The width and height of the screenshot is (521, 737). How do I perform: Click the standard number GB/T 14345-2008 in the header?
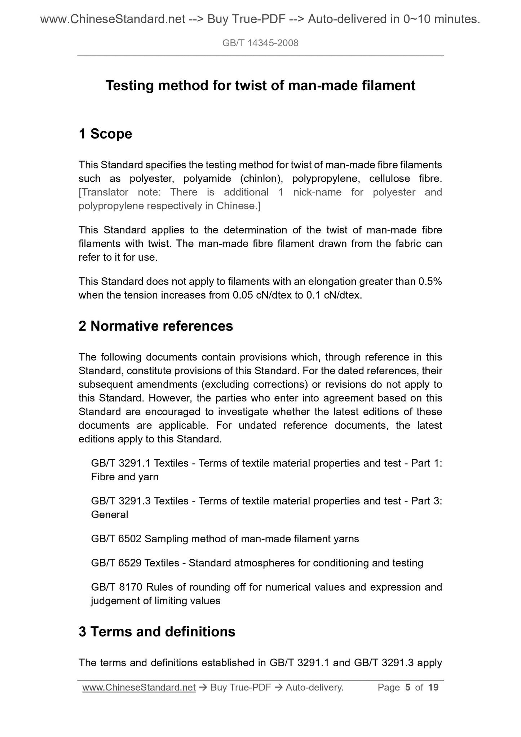pyautogui.click(x=260, y=43)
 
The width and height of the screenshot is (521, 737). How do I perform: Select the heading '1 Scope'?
pyautogui.click(x=105, y=134)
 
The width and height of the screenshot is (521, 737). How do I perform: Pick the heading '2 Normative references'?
pyautogui.click(x=156, y=326)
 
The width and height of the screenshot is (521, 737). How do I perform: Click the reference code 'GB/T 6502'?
pyautogui.click(x=116, y=539)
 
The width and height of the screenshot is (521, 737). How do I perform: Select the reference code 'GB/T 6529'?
pyautogui.click(x=116, y=563)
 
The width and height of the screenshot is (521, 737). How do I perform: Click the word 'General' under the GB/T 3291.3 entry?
pyautogui.click(x=110, y=515)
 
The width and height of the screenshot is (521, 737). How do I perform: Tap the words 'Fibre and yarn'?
pyautogui.click(x=125, y=477)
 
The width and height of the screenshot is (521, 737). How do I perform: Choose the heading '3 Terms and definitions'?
pyautogui.click(x=157, y=632)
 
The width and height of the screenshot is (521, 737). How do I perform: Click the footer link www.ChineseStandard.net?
pyautogui.click(x=139, y=688)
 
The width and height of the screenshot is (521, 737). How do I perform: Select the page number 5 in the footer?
pyautogui.click(x=408, y=688)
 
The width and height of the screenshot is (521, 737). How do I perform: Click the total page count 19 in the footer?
pyautogui.click(x=433, y=688)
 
